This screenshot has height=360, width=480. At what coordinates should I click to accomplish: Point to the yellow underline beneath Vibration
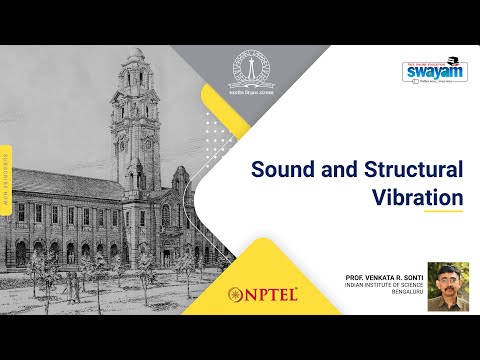click(x=442, y=212)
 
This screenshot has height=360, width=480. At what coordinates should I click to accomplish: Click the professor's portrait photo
click(x=447, y=286)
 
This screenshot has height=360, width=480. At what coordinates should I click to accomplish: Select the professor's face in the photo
click(x=447, y=281)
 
